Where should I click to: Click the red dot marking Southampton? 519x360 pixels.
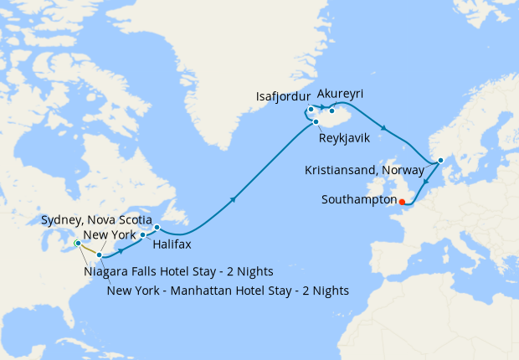point(402,201)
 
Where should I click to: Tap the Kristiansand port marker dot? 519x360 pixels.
point(440,160)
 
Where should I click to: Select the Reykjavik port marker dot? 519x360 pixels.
point(316,122)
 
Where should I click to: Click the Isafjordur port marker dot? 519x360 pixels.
point(311,109)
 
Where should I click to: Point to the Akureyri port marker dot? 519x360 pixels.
point(331,111)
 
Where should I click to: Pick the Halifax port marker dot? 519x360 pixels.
point(142,235)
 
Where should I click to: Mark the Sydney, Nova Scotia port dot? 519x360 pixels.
point(157,227)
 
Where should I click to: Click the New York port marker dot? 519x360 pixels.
point(99,255)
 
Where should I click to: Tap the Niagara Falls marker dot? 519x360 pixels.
point(77,243)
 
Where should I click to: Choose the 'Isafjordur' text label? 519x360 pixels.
point(282,97)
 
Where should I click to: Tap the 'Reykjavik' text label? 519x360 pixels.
point(345,136)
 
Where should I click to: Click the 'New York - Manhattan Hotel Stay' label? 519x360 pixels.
point(229,291)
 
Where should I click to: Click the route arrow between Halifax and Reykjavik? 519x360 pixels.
point(232,198)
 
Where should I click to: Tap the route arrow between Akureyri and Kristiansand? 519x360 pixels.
point(383,127)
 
